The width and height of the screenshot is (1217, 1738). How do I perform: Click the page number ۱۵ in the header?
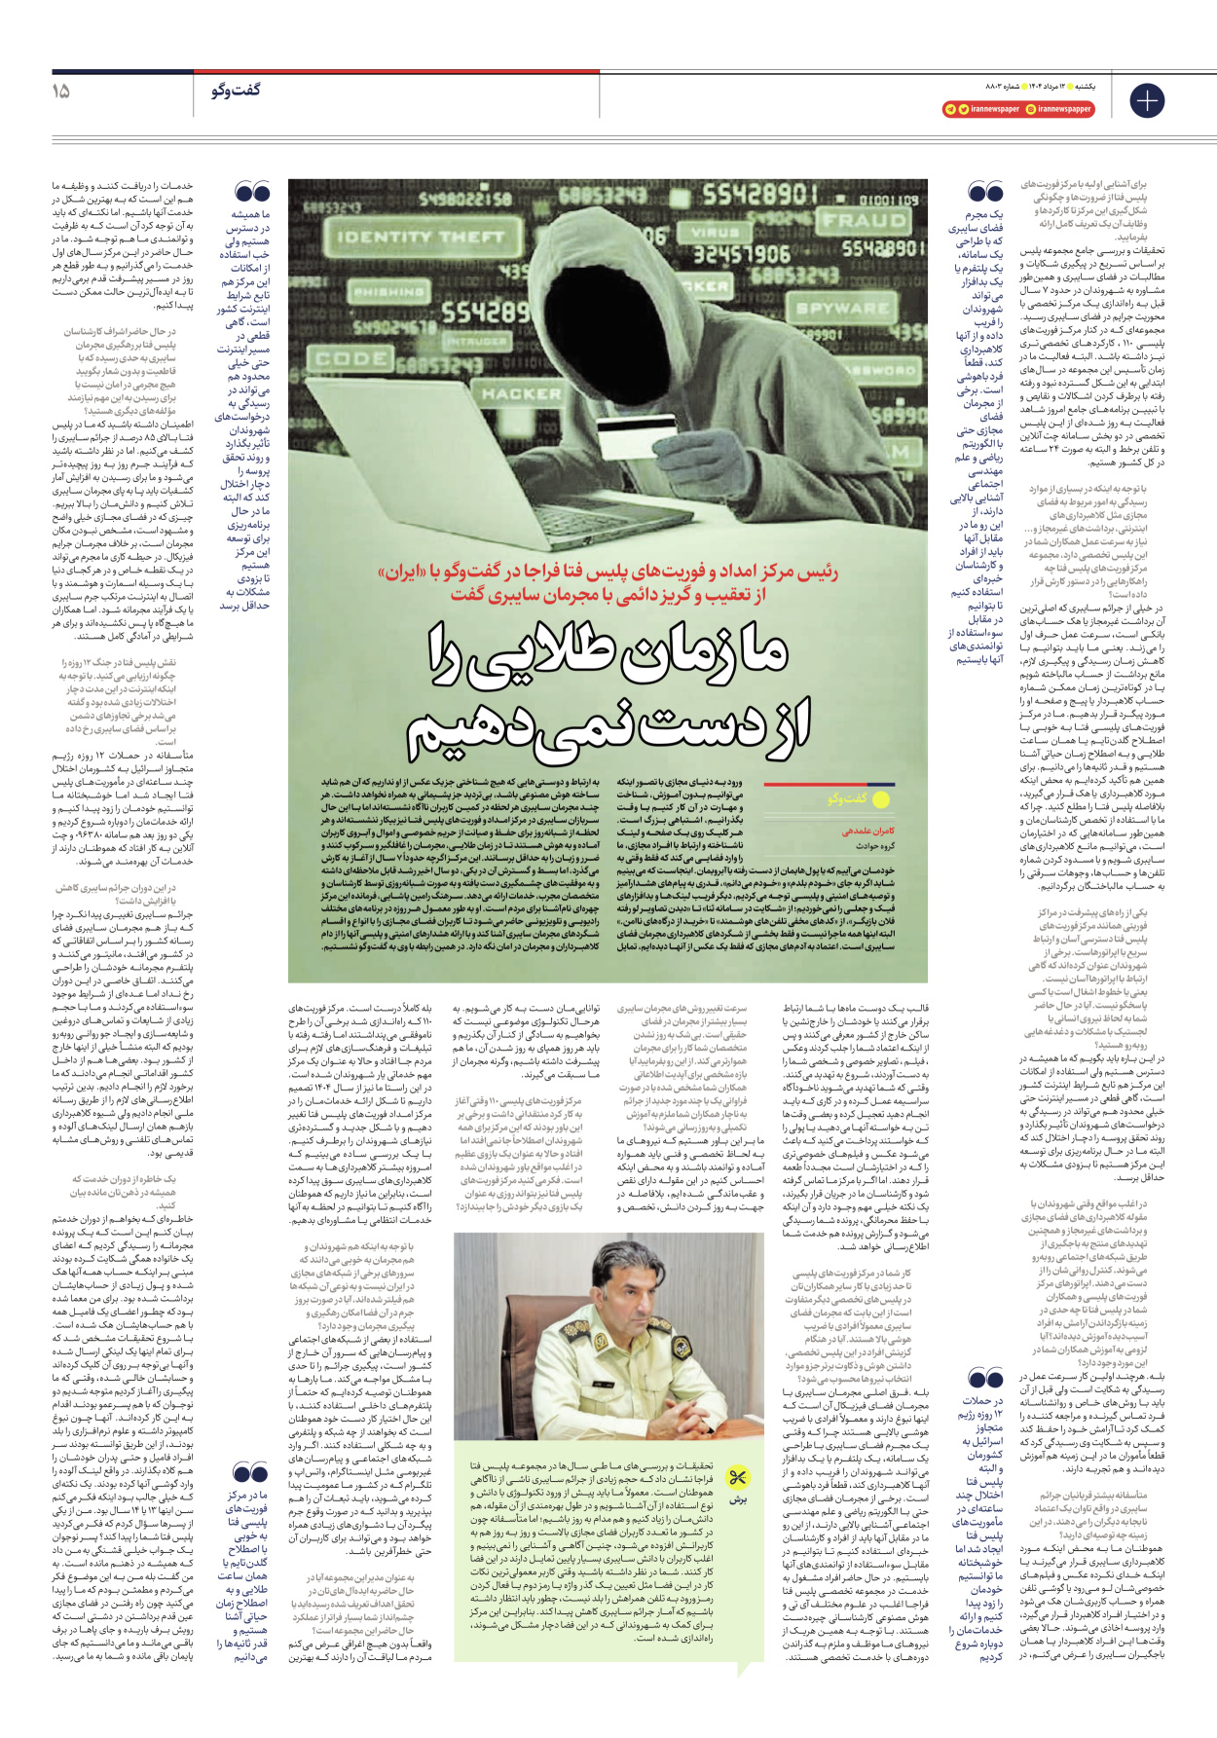[60, 91]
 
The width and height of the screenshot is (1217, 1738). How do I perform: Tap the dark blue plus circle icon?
[1146, 100]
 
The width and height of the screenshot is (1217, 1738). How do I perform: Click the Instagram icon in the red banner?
[1031, 109]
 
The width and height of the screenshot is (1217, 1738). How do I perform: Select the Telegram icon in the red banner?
[950, 109]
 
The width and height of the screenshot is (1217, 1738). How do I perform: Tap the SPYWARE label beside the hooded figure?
[842, 308]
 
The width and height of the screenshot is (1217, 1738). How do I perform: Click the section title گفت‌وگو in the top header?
[236, 91]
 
